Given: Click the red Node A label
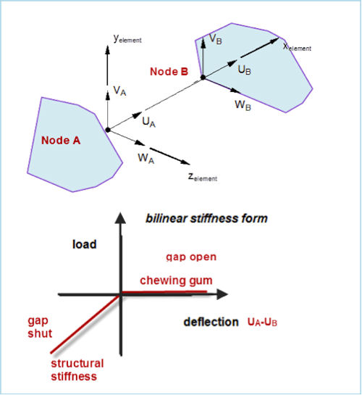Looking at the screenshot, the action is pos(61,141).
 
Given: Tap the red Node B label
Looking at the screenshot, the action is pos(169,72).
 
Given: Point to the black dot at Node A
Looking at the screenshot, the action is pos(108,130).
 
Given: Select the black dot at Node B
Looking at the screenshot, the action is pos(203,78).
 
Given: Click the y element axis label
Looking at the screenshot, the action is pos(127,39).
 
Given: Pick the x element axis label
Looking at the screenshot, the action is pos(297,47).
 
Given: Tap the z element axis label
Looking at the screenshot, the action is pos(203,177).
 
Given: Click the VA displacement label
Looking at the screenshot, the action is pos(119,91).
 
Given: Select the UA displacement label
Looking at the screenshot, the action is pos(149,122).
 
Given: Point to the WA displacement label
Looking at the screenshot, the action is pos(146,159).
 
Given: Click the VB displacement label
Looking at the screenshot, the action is pos(216,39).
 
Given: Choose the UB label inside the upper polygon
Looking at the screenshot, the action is pos(244,70).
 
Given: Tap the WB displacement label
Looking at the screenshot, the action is pos(243,105).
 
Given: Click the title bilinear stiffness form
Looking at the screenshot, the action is pos(206,218).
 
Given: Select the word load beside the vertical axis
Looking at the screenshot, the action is pos(85,244).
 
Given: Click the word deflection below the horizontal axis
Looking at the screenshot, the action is pos(211,323).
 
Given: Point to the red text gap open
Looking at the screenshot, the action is pos(191,257).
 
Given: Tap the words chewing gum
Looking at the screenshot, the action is pos(176,280).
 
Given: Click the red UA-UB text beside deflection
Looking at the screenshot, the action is pos(262,323).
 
